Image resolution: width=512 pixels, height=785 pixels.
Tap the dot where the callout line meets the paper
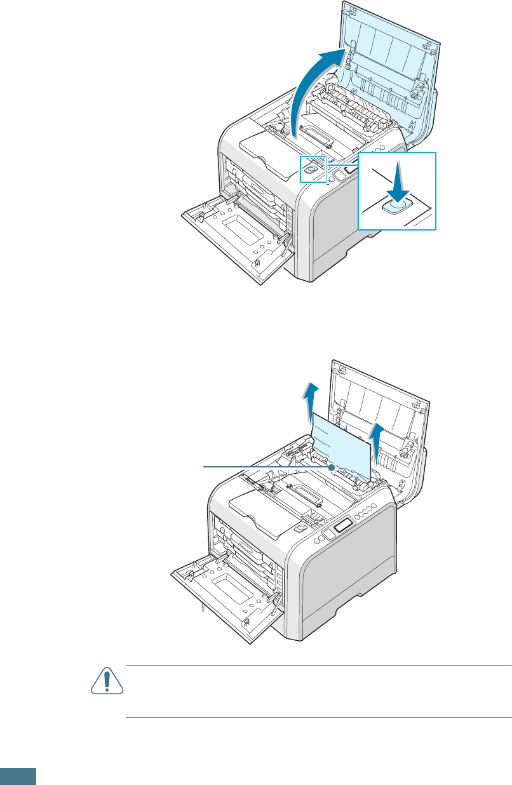[332, 467]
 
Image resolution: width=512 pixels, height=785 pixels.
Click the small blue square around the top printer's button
[313, 170]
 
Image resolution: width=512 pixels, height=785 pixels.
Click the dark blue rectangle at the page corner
[18, 777]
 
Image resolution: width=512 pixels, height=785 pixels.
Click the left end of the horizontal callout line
[204, 467]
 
